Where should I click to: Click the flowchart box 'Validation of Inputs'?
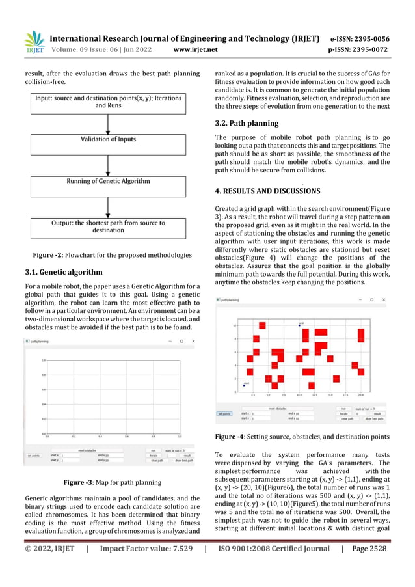tap(108, 139)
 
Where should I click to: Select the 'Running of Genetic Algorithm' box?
tap(108, 181)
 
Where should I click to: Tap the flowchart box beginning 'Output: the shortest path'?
tap(108, 227)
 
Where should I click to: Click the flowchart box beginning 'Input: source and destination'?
tap(108, 101)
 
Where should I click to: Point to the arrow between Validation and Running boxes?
tap(108, 160)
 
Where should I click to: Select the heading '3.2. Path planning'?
tap(247, 123)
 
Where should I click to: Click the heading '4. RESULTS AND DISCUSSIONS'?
tap(267, 191)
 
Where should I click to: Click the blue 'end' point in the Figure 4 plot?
tap(299, 325)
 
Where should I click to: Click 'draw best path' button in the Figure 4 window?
tap(373, 418)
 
